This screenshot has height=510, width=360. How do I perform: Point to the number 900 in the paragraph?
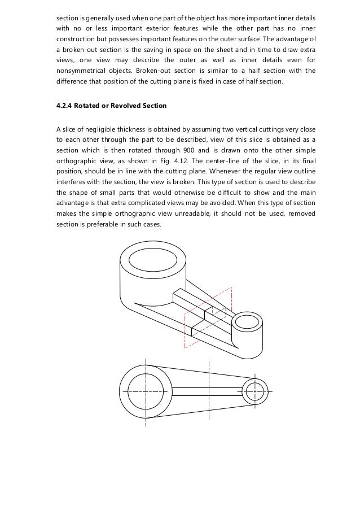click(x=213, y=150)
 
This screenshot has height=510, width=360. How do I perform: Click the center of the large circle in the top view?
click(x=146, y=390)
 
